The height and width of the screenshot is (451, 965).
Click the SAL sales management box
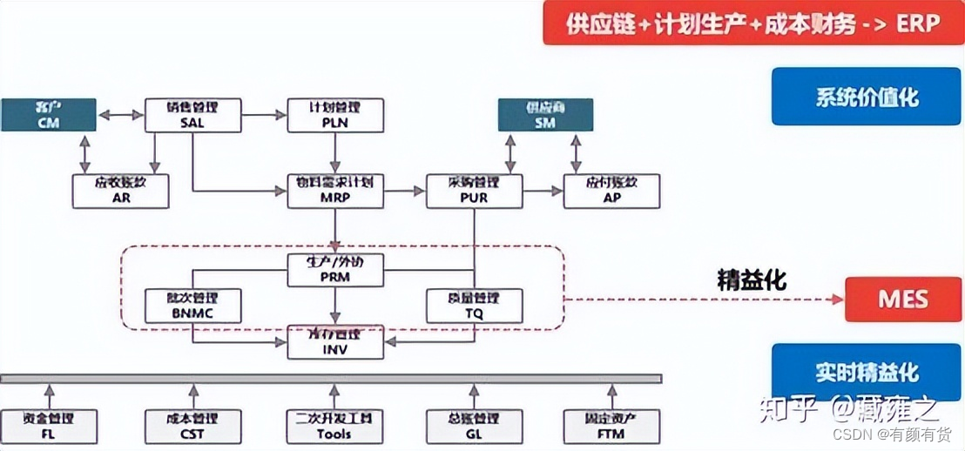192,115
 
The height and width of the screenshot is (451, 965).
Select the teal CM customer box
48,115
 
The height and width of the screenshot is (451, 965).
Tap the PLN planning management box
334,115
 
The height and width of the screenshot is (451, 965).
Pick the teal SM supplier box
544,115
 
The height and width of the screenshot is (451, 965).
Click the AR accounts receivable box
120,191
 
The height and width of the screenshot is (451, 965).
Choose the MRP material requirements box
335,191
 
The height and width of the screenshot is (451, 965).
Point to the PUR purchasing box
474,191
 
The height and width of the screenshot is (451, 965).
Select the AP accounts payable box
611,191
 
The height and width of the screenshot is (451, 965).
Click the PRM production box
335,270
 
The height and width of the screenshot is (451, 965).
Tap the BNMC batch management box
192,306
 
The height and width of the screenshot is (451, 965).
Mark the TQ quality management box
474,306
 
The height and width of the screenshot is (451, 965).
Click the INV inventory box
335,342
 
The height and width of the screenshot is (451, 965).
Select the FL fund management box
48,426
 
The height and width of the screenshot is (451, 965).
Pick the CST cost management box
192,426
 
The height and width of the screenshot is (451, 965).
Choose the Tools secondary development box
335,426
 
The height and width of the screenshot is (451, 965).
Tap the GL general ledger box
474,426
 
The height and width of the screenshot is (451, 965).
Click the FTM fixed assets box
611,426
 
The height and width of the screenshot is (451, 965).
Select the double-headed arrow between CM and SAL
120,114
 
